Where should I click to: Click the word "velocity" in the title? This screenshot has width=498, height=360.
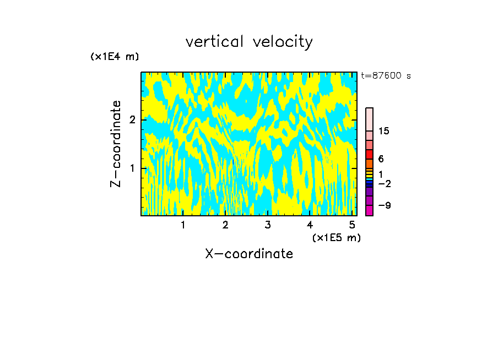click(x=283, y=42)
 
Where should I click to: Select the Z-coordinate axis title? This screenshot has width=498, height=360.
click(x=116, y=144)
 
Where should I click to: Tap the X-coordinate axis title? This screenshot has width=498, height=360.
click(x=249, y=254)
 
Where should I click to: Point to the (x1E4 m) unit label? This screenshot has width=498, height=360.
click(x=115, y=57)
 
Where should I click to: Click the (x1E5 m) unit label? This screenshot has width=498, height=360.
click(x=336, y=237)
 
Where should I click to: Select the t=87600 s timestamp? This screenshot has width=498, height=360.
click(x=386, y=76)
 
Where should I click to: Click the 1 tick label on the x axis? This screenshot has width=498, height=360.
click(x=183, y=225)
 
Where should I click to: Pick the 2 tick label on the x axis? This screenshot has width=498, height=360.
click(x=225, y=225)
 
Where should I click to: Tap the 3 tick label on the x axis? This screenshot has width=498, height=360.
click(x=268, y=225)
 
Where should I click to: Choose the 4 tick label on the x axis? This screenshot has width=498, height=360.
click(x=310, y=225)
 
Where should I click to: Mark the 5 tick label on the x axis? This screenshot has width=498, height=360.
click(x=352, y=225)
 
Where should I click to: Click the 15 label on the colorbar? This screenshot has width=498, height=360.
click(x=384, y=131)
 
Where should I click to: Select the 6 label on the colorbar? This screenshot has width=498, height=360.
click(x=381, y=159)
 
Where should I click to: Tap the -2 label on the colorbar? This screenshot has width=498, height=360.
click(x=385, y=183)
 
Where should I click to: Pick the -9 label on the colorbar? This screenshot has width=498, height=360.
click(x=385, y=205)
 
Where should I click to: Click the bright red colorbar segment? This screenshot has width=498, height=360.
click(x=369, y=155)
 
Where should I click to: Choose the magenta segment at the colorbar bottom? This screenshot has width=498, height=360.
click(x=369, y=210)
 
